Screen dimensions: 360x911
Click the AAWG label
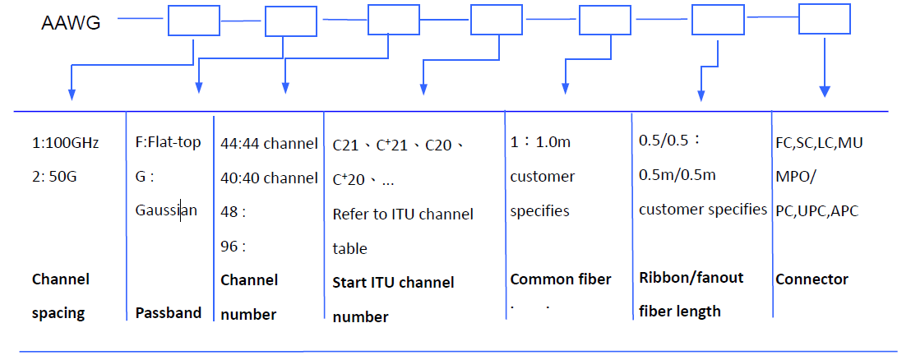click(x=71, y=22)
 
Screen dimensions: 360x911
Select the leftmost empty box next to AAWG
click(x=194, y=21)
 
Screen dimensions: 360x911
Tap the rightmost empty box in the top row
click(x=825, y=18)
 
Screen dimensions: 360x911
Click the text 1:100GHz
click(x=66, y=143)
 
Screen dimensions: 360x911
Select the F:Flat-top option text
click(x=168, y=142)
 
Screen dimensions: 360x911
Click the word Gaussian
click(x=166, y=210)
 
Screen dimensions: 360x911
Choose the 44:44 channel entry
click(x=269, y=144)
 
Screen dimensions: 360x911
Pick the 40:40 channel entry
click(x=269, y=178)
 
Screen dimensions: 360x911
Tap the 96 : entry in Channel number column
click(x=234, y=245)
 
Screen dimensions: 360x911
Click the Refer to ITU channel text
click(x=403, y=215)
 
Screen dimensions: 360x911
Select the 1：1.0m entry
click(x=540, y=142)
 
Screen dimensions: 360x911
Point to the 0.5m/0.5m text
click(x=677, y=174)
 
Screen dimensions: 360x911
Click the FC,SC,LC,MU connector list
click(x=819, y=142)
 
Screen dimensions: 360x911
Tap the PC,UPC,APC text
click(x=816, y=210)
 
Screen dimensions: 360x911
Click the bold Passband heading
click(x=168, y=313)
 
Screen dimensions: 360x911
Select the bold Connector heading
click(x=812, y=279)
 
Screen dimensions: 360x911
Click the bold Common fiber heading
click(x=561, y=279)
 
